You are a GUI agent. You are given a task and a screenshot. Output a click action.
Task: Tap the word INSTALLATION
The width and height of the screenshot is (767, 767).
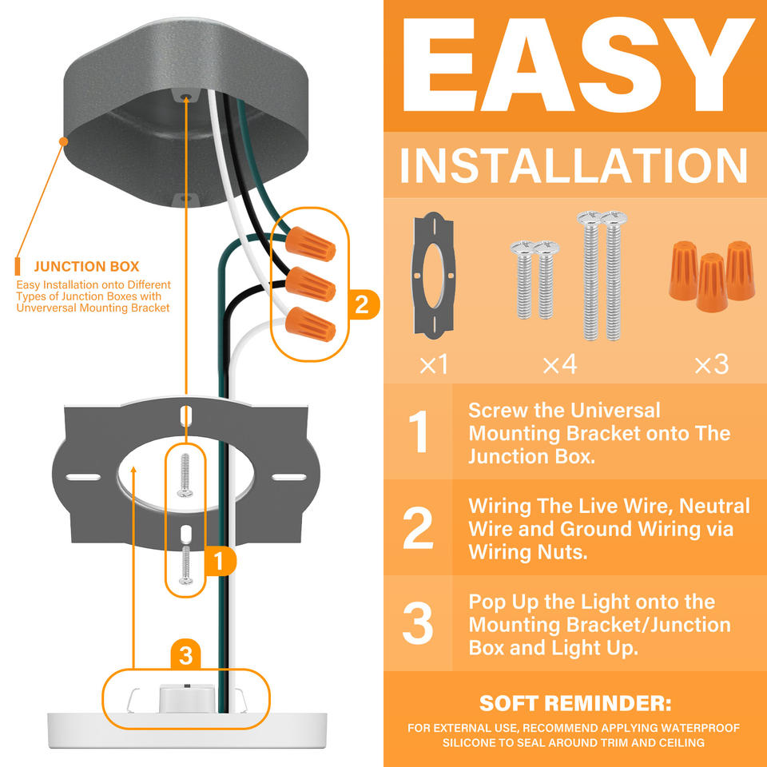pyautogui.click(x=574, y=165)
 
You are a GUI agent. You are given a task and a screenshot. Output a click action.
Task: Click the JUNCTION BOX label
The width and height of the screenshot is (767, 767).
pyautogui.click(x=86, y=267)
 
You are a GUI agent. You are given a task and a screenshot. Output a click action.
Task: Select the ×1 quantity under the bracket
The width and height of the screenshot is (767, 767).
pyautogui.click(x=433, y=364)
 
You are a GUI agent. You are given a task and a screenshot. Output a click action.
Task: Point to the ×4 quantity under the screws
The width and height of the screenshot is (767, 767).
pyautogui.click(x=559, y=364)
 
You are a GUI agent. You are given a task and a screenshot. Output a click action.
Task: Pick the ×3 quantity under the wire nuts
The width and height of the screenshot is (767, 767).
pyautogui.click(x=712, y=364)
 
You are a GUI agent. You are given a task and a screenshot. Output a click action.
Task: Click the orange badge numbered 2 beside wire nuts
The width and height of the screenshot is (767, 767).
pyautogui.click(x=362, y=304)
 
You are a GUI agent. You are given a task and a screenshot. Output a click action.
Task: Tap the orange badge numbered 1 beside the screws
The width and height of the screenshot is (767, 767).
pyautogui.click(x=219, y=561)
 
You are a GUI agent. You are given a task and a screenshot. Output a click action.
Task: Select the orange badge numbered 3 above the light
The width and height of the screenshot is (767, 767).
pyautogui.click(x=185, y=654)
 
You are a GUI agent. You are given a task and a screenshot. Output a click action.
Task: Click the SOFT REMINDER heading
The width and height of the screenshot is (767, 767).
pyautogui.click(x=575, y=703)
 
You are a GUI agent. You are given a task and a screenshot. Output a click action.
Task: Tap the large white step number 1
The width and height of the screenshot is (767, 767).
pyautogui.click(x=419, y=431)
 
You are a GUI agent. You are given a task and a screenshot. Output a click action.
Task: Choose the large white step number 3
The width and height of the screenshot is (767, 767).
pyautogui.click(x=418, y=622)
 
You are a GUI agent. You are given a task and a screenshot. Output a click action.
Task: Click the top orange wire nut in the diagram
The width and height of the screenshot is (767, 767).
pyautogui.click(x=311, y=244)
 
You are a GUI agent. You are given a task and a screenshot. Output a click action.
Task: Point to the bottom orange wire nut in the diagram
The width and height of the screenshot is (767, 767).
pyautogui.click(x=311, y=324)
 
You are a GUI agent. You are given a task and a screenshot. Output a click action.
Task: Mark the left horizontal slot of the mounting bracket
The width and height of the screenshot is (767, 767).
pyautogui.click(x=83, y=477)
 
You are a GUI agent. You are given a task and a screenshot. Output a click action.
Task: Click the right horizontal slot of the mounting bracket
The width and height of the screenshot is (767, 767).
pyautogui.click(x=289, y=477)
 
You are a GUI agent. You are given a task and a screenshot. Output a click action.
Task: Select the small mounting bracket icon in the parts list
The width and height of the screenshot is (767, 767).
pyautogui.click(x=433, y=276)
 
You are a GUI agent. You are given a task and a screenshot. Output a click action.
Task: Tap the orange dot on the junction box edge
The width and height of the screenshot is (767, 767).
pyautogui.click(x=63, y=141)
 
